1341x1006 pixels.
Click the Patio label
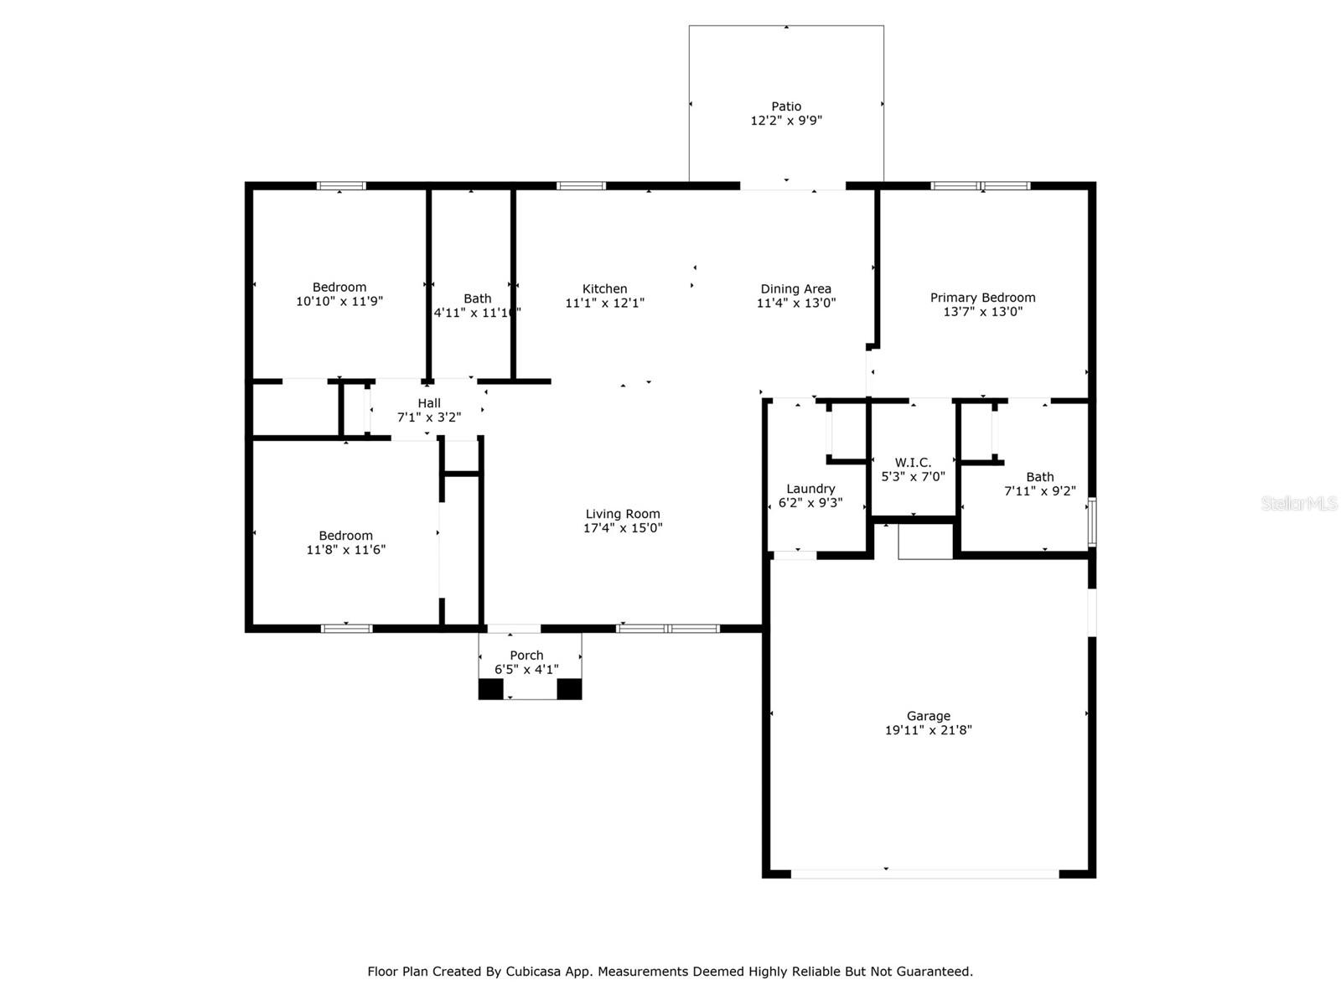tap(785, 106)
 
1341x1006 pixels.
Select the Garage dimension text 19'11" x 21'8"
tap(928, 730)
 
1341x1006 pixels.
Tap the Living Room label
tap(623, 514)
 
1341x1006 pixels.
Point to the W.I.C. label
tap(913, 463)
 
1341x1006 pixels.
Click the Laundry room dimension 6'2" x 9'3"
tap(810, 503)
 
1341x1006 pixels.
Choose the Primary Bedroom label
tap(982, 298)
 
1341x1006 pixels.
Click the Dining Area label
tap(795, 289)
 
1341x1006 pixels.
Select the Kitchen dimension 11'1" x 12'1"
tap(604, 303)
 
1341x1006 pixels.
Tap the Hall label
tap(429, 403)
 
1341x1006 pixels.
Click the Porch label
tap(526, 656)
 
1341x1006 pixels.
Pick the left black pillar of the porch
tap(490, 689)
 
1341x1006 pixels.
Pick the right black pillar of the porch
tap(569, 689)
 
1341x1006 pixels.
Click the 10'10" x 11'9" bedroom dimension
tap(339, 301)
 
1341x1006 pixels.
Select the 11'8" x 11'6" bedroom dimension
tap(345, 550)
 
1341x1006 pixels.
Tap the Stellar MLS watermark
tap(1299, 503)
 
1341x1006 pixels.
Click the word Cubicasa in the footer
tap(533, 971)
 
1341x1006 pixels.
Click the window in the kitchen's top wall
tap(581, 185)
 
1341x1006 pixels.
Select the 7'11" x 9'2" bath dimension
tap(1040, 491)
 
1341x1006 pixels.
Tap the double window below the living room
tap(668, 629)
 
